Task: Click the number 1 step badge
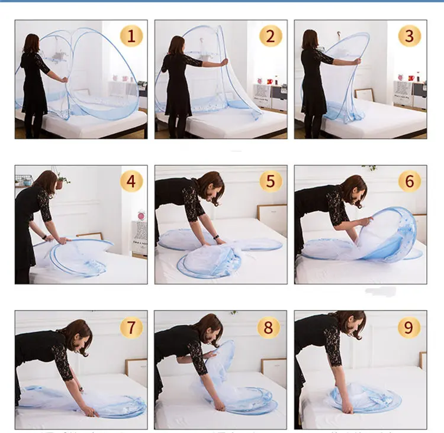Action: point(131,36)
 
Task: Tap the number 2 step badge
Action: point(271,36)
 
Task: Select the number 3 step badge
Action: point(410,36)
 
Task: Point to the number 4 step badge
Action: point(131,181)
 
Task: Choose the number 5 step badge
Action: point(271,181)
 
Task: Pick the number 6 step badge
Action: point(410,181)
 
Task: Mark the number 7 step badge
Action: point(131,327)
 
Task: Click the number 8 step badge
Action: point(271,327)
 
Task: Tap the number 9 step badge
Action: point(410,327)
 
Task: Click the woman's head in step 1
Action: point(31,43)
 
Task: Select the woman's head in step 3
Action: point(310,39)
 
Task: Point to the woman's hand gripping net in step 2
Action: point(224,61)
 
